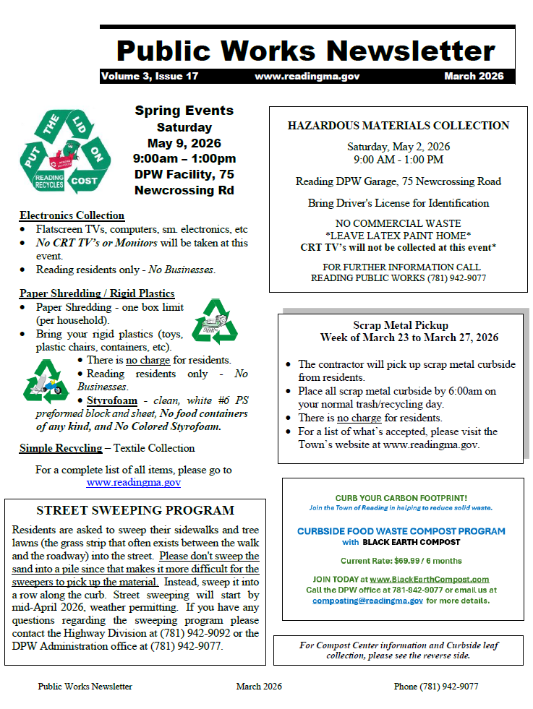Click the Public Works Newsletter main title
306,50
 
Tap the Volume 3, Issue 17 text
150,76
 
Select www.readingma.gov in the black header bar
307,76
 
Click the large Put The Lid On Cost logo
65,151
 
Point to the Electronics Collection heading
72,215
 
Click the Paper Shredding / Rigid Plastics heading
97,293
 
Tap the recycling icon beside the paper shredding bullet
215,322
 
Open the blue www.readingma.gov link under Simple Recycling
133,482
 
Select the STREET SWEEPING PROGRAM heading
135,510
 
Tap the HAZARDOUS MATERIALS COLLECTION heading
398,125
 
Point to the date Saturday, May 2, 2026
398,146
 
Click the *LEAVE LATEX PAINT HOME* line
398,235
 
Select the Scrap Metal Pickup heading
400,325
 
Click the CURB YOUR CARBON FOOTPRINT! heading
401,498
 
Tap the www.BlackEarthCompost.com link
429,579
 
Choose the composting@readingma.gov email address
368,601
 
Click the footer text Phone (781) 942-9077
435,687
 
